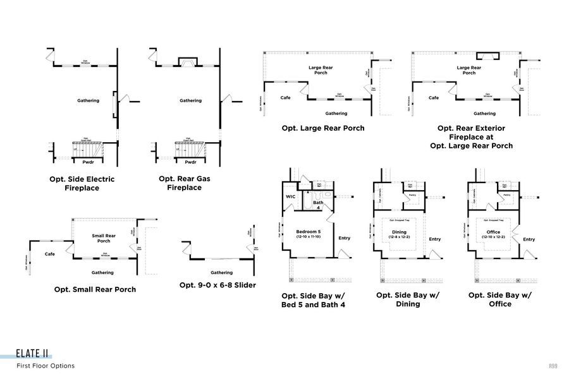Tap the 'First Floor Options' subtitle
pos(46,366)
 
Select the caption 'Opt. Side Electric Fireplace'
pos(82,183)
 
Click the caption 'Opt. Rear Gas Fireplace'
pos(185,183)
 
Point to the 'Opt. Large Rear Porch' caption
pos(323,128)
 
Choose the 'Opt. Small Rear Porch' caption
pos(95,289)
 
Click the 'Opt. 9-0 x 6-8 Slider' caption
pos(217,285)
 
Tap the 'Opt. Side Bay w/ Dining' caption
pos(407,299)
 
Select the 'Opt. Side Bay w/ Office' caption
pos(499,299)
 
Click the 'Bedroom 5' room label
pos(309,232)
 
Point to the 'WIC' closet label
pos(290,196)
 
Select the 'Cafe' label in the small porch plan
pos(49,254)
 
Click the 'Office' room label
pos(493,232)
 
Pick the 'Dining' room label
pos(400,232)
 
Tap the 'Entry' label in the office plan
pos(529,239)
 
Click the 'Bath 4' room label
pos(319,204)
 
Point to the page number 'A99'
pos(553,366)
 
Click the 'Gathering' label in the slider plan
pos(221,272)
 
